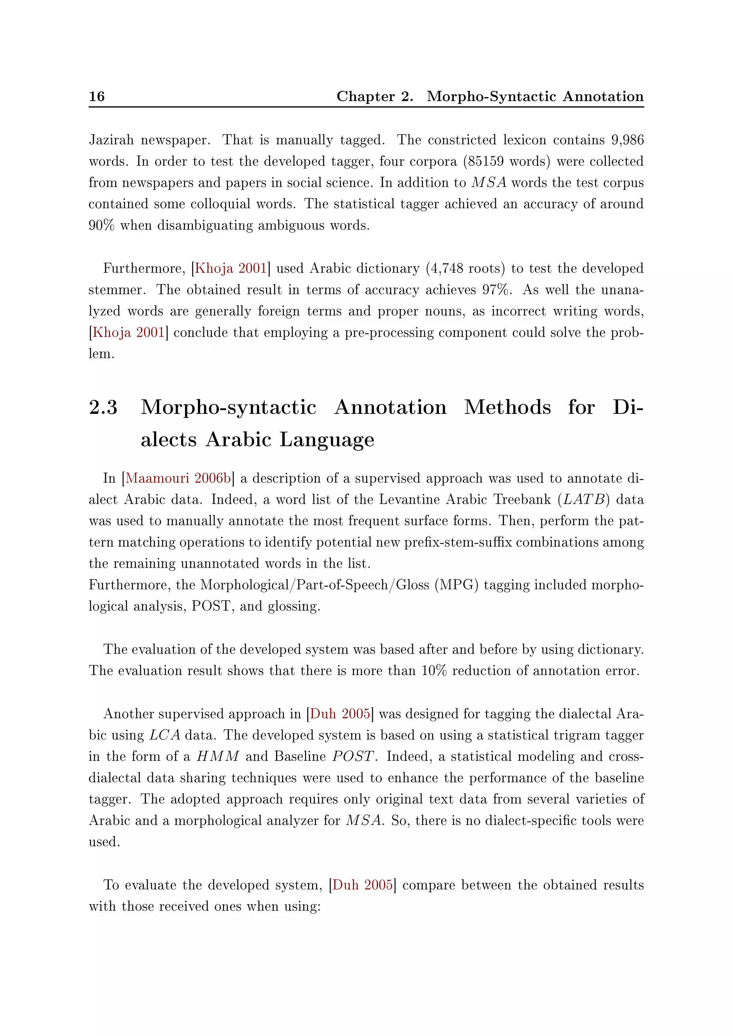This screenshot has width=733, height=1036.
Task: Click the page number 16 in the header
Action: pyautogui.click(x=97, y=96)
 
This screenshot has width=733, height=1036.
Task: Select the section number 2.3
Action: pyautogui.click(x=103, y=407)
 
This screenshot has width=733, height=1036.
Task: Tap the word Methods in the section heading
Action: pyautogui.click(x=507, y=407)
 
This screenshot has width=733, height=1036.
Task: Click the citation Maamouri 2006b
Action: pyautogui.click(x=178, y=478)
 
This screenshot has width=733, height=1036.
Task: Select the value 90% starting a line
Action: pyautogui.click(x=102, y=225)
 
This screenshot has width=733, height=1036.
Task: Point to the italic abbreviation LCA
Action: pyautogui.click(x=165, y=735)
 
